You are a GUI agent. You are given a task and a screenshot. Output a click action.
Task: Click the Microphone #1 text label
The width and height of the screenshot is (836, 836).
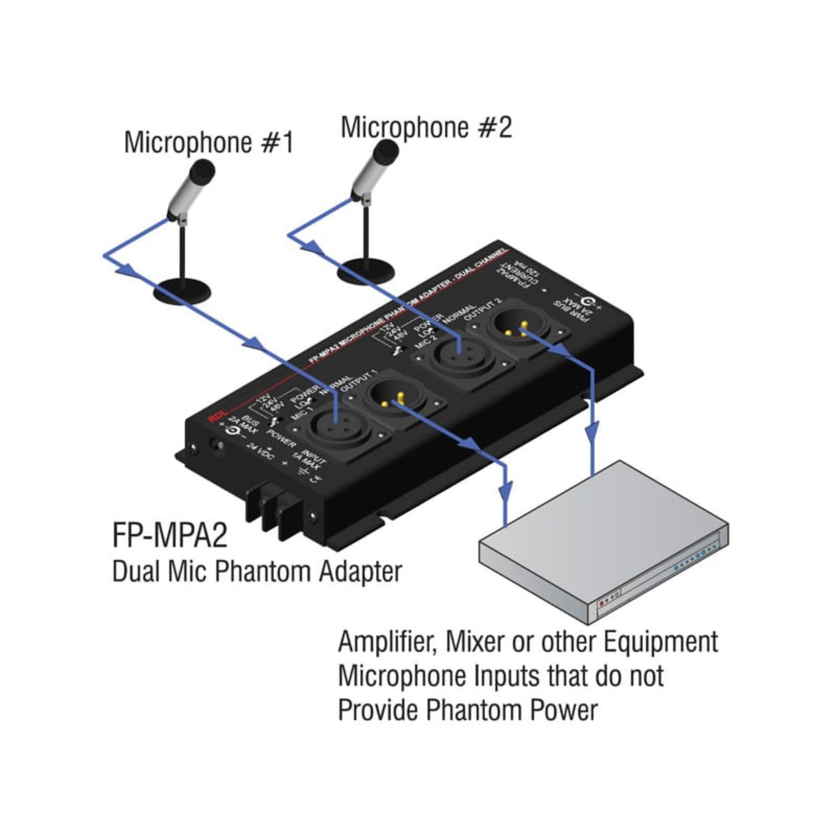[209, 143]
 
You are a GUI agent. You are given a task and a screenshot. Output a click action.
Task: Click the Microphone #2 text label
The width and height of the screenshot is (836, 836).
[426, 127]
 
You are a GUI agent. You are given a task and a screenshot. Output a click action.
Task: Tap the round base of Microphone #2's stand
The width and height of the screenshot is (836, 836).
[366, 272]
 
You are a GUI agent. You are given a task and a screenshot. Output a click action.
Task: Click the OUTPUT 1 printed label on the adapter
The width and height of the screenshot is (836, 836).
[359, 381]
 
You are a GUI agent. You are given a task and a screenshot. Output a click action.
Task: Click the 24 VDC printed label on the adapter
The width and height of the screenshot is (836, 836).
[260, 452]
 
